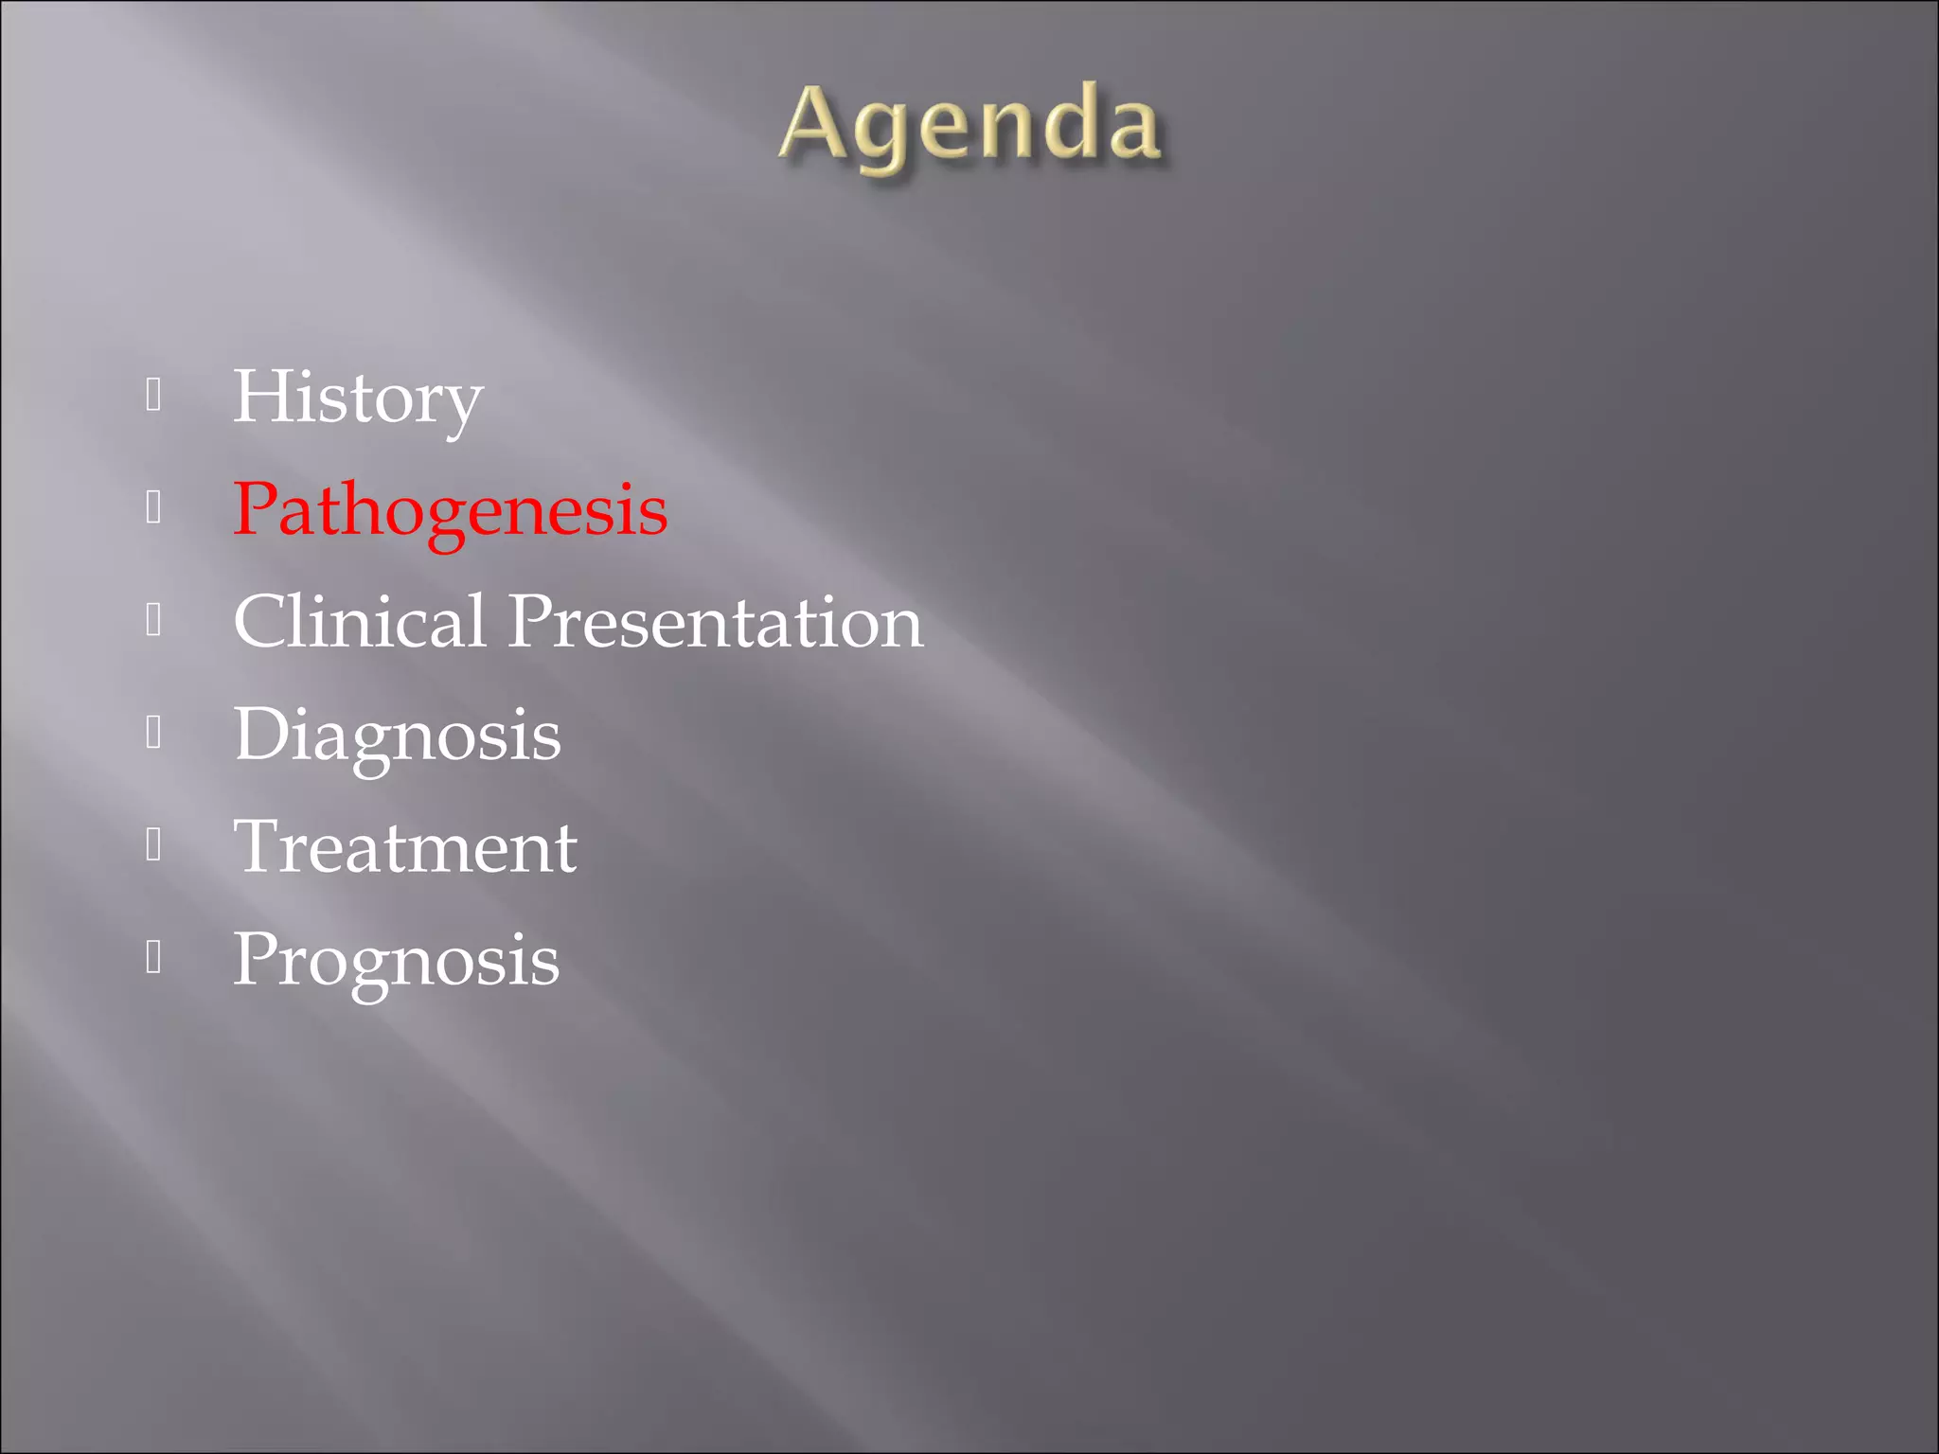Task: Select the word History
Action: tap(358, 398)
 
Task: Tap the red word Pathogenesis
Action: tap(451, 509)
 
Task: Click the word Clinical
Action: tap(360, 622)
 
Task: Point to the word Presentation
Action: tap(716, 622)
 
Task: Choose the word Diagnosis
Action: tap(398, 735)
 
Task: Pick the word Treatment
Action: tap(405, 846)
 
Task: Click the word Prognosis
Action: tap(397, 959)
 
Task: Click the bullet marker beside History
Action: tap(154, 396)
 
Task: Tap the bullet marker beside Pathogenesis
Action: tap(154, 508)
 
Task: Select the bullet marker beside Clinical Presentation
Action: tap(154, 621)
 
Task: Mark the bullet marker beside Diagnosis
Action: tap(154, 733)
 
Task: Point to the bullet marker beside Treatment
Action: tap(154, 845)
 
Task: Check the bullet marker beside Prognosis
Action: tap(154, 958)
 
